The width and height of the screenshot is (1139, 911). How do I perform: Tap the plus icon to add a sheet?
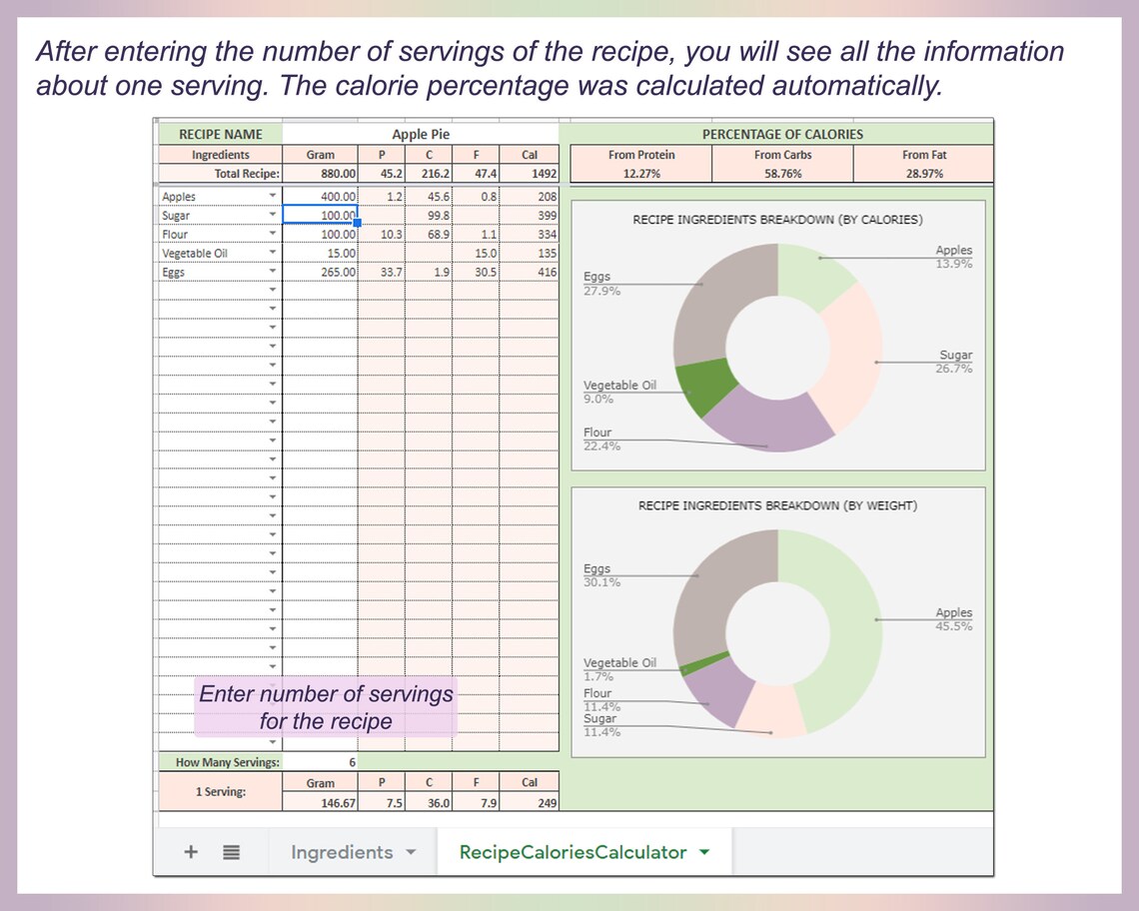point(191,852)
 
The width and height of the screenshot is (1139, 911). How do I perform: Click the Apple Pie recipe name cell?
point(421,134)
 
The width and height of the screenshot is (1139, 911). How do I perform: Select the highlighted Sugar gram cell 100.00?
point(320,215)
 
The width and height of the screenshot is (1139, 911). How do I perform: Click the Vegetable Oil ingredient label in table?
point(195,254)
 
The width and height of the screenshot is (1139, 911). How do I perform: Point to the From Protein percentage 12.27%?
point(640,174)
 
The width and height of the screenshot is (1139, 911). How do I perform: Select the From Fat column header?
point(923,155)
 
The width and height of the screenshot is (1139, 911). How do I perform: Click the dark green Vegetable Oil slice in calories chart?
point(703,388)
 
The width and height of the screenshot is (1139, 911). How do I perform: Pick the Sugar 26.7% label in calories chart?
point(954,363)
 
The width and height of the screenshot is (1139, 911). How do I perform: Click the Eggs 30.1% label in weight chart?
point(601,575)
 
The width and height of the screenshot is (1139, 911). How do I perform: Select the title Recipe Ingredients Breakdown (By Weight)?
point(777,505)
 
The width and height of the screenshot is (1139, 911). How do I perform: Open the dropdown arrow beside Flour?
point(272,235)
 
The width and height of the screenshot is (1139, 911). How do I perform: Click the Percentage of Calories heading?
point(781,134)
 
